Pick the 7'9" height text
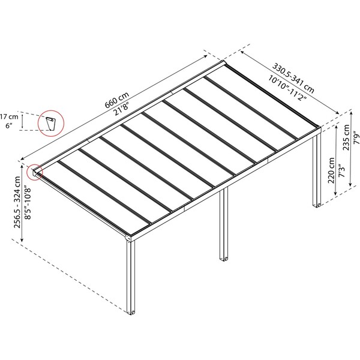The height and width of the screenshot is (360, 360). pos(355,139)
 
